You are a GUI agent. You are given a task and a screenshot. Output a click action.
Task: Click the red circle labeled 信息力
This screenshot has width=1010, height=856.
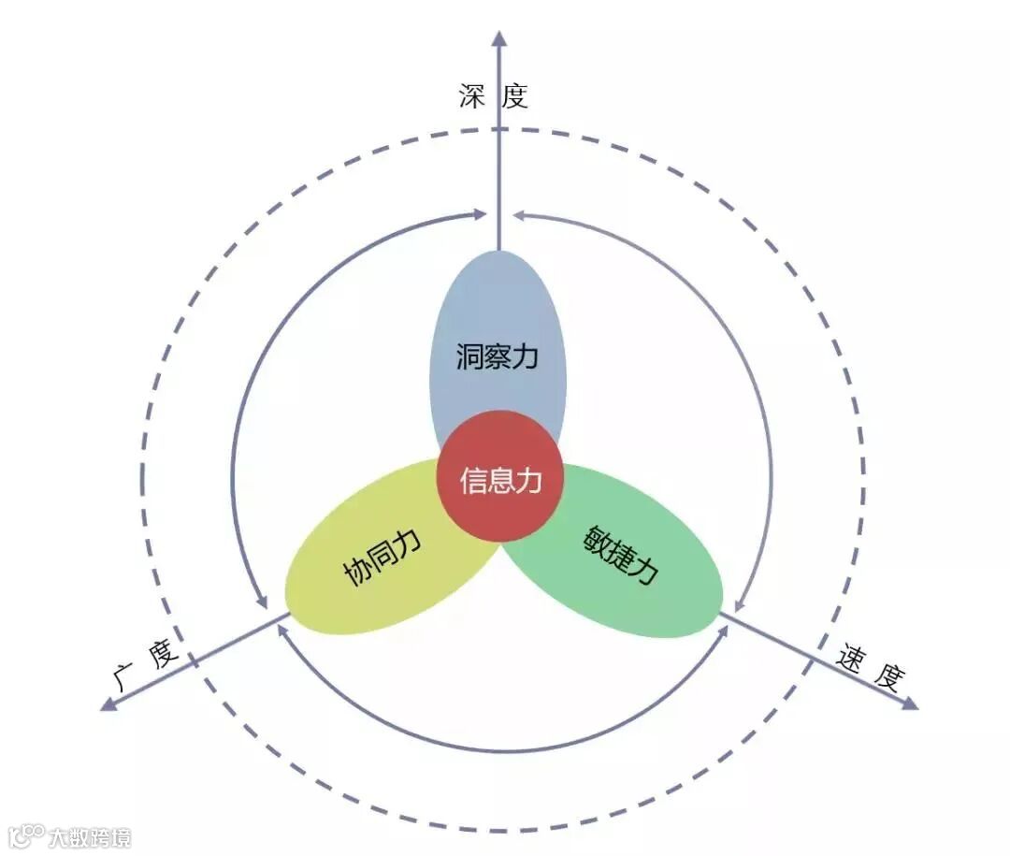500,477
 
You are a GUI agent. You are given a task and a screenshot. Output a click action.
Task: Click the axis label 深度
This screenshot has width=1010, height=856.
493,95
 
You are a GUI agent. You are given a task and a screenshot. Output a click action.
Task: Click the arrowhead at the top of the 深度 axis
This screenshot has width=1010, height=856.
498,38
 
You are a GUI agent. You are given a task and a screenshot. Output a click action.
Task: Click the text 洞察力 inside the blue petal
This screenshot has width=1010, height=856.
498,356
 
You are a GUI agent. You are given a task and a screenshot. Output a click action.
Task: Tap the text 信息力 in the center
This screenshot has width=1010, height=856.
500,481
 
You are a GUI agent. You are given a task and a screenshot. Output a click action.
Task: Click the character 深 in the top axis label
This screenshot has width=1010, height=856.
472,95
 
